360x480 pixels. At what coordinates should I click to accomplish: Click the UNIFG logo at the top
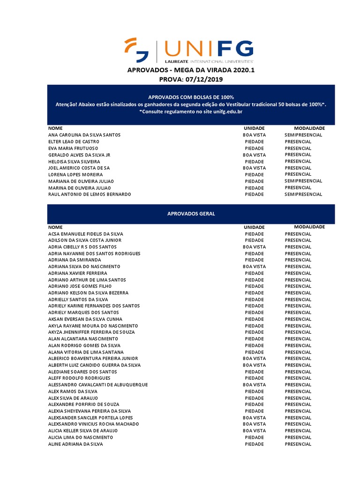(189, 51)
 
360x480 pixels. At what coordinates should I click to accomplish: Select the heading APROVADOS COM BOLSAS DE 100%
(191, 97)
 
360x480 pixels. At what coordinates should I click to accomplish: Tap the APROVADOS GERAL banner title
(191, 214)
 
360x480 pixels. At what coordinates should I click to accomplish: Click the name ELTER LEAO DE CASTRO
(73, 142)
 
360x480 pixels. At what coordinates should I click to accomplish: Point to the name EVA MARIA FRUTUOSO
(73, 148)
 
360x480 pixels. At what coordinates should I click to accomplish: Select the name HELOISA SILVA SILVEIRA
(75, 161)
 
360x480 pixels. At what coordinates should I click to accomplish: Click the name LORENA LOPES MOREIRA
(75, 174)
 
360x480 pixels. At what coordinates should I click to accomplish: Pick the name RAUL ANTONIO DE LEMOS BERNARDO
(90, 194)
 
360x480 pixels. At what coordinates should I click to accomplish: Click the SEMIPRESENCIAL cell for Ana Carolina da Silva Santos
(303, 135)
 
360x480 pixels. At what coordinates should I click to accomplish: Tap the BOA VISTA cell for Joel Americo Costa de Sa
(254, 168)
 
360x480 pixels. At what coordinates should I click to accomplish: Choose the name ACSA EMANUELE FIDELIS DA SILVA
(86, 233)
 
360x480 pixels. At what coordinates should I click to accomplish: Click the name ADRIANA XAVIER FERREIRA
(78, 273)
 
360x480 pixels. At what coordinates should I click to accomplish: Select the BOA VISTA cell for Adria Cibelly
(254, 247)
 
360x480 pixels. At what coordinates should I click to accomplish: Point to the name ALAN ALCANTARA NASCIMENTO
(83, 338)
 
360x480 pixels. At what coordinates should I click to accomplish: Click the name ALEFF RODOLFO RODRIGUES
(79, 378)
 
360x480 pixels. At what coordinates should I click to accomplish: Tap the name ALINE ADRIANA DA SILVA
(75, 443)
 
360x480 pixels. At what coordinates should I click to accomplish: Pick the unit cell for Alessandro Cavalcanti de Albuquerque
(254, 384)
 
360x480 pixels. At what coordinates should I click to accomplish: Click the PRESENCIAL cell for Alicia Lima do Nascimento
(298, 437)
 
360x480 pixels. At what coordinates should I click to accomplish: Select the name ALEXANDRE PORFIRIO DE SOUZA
(83, 404)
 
